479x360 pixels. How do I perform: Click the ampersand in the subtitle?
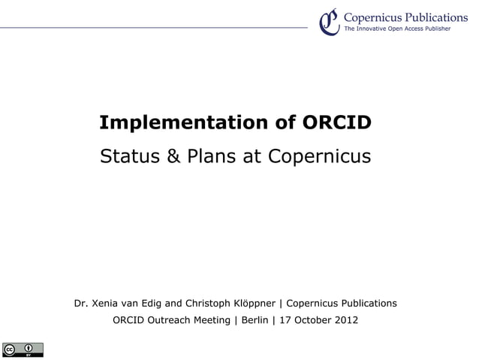173,157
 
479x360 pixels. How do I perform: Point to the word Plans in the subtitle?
215,157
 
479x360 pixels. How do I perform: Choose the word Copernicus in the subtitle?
320,157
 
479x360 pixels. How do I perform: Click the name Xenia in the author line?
105,304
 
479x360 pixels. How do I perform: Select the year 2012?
348,321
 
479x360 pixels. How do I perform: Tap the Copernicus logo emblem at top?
328,21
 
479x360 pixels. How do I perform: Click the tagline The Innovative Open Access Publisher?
397,29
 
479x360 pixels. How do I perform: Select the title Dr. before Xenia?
81,304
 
